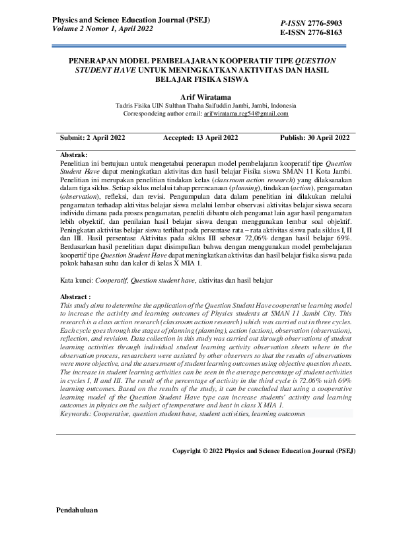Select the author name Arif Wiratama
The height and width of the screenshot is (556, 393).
click(x=196, y=96)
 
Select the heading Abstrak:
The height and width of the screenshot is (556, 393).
click(x=74, y=154)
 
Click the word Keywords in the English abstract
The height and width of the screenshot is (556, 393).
click(x=77, y=413)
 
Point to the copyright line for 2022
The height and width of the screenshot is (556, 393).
click(x=264, y=452)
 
